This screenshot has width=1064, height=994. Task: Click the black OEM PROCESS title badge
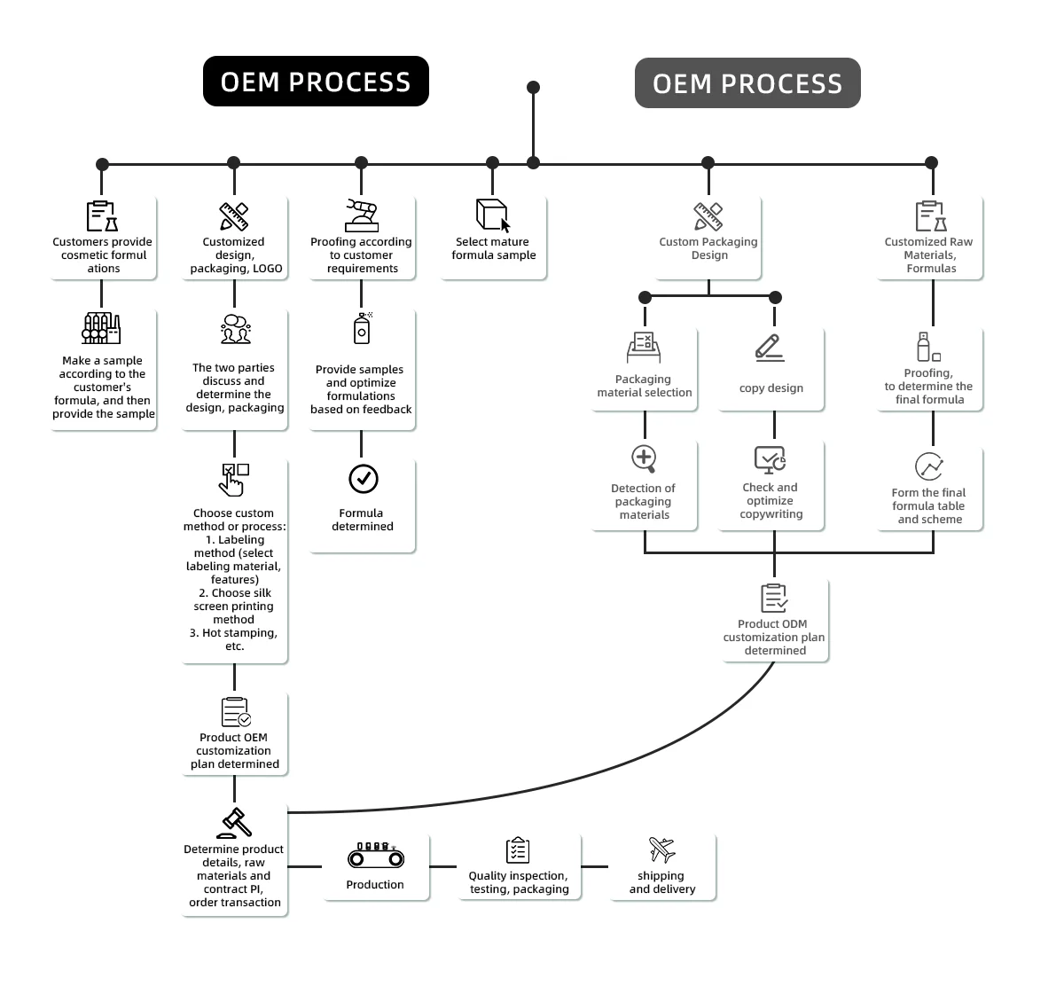point(316,82)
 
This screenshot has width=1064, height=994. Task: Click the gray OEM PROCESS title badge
point(747,83)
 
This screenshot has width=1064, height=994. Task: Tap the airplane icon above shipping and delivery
point(661,849)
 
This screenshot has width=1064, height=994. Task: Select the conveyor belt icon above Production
point(376,856)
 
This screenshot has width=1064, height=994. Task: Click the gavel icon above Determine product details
point(235,823)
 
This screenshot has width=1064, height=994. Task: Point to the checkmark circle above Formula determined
point(363,479)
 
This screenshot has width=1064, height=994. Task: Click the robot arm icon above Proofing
point(362,215)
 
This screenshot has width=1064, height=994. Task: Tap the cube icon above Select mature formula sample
point(493,215)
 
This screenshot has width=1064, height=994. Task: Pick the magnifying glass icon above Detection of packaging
point(644,459)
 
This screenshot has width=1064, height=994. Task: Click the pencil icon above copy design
point(769,347)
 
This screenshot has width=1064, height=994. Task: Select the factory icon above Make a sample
point(101,328)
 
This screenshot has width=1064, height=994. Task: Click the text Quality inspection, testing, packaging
point(519,882)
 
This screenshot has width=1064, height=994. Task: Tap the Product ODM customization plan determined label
point(774,637)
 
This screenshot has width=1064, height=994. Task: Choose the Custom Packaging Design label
point(708,248)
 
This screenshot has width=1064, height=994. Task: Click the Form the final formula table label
point(929,505)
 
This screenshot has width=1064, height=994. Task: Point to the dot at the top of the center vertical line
point(533,87)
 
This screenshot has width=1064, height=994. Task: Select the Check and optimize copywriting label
point(771,500)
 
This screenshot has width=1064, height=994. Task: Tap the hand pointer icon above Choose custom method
point(234,479)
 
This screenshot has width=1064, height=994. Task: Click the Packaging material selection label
point(645,386)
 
